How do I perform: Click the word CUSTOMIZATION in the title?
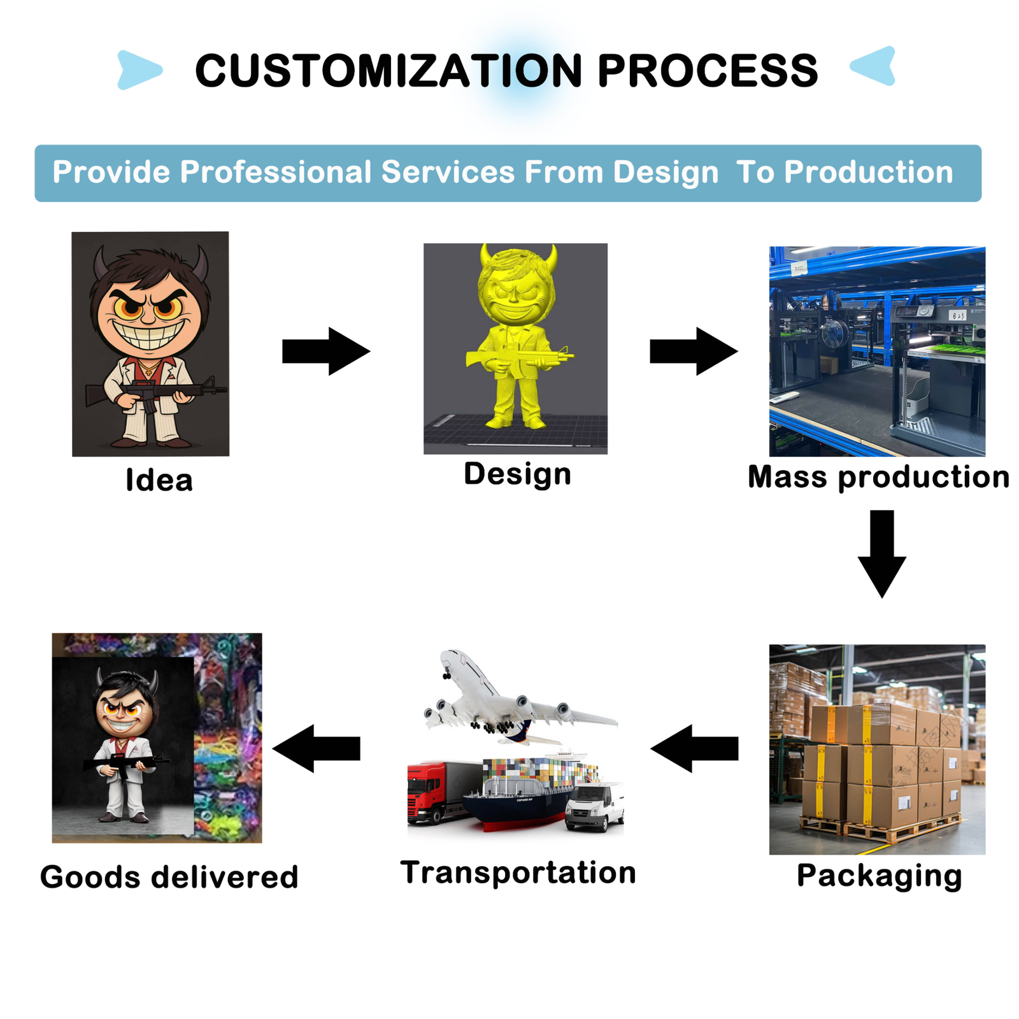coord(388,70)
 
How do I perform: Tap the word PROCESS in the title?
coord(708,70)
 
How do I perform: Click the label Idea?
coord(159,480)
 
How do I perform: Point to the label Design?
coord(517,474)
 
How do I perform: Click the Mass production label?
coord(878,477)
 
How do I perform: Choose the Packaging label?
coord(879,876)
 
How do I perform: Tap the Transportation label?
coord(518,872)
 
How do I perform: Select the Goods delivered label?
coord(169,877)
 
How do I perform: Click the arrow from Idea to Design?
coord(326,351)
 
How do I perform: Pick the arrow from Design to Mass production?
coord(694,351)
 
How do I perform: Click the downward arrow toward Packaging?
coord(882,554)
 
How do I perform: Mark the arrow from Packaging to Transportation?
coord(694,748)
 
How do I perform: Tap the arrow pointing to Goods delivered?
coord(317,748)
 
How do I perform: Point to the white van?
coord(595,807)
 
